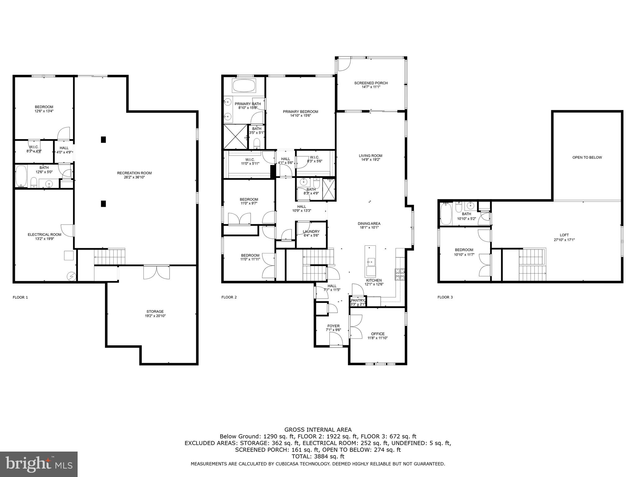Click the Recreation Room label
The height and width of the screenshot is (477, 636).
(134, 173)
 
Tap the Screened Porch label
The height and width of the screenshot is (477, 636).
(371, 83)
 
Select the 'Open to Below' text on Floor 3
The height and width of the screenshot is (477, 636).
(587, 157)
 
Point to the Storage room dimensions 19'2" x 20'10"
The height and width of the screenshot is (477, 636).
(155, 316)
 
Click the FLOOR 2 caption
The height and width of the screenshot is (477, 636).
(229, 297)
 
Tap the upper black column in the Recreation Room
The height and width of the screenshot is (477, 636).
(103, 139)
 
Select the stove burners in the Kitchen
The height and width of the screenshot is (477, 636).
(400, 275)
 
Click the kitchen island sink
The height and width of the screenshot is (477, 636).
(371, 262)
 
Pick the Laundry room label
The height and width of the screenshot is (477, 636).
(311, 231)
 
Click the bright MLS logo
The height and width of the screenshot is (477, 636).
(39, 464)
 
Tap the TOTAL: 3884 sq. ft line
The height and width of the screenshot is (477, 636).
(318, 457)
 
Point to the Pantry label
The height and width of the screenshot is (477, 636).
(357, 300)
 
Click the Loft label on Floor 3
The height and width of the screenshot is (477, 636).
(564, 235)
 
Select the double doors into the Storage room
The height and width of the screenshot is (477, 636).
(157, 272)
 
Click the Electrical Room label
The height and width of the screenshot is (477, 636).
(44, 234)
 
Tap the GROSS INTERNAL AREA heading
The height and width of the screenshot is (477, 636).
(318, 430)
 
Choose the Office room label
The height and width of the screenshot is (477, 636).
(378, 334)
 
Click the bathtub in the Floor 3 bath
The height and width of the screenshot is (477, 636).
(446, 214)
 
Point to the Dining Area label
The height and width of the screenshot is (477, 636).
(369, 223)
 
